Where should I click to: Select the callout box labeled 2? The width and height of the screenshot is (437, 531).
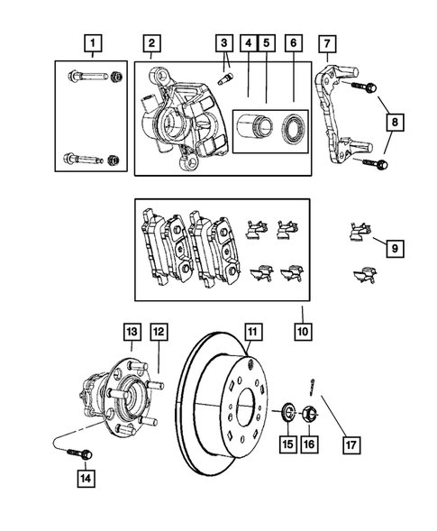152,41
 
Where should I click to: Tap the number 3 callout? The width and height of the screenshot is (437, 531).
223,41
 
